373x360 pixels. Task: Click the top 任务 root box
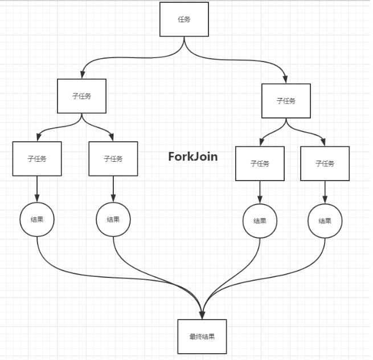[x=184, y=19]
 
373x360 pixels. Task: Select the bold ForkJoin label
[x=193, y=157]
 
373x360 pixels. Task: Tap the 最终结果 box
[x=202, y=337]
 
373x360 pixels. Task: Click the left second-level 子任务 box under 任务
[x=82, y=96]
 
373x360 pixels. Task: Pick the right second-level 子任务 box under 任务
[x=286, y=101]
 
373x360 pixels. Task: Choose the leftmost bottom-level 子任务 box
[x=37, y=158]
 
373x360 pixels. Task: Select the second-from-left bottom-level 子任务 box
[x=113, y=158]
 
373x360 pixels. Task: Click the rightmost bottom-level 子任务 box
[x=325, y=163]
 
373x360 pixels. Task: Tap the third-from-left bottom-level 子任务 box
[x=260, y=163]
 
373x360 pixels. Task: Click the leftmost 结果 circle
[x=37, y=219]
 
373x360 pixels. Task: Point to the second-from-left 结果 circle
[x=113, y=219]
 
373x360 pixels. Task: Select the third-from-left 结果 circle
[x=260, y=221]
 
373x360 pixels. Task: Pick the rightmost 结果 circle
[x=325, y=221]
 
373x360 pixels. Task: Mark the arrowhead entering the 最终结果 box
[x=202, y=314]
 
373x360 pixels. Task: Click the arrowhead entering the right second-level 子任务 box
[x=285, y=79]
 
